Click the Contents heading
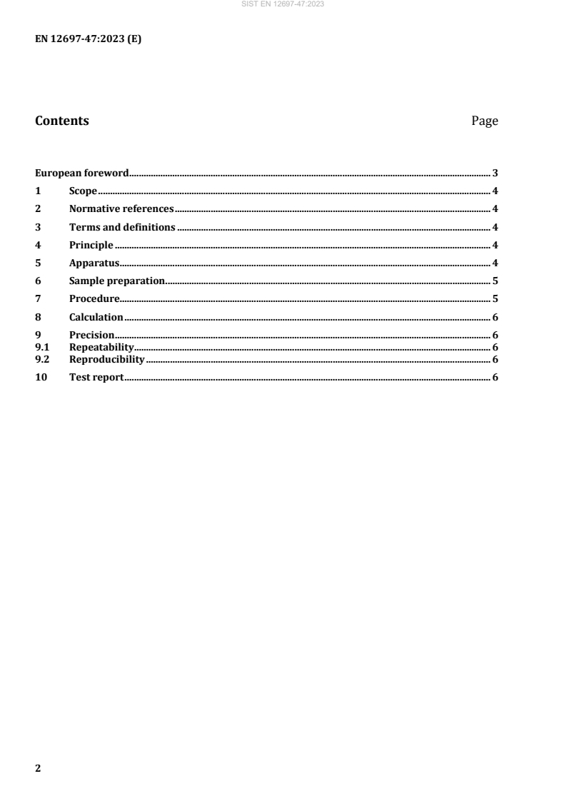62,121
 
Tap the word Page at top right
485,121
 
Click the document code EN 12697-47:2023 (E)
89,40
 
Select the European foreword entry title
82,173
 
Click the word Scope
83,191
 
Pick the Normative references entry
121,209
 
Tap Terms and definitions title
122,228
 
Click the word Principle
91,246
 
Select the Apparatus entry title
94,263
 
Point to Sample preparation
117,281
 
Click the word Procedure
94,299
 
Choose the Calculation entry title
96,317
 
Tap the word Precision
91,336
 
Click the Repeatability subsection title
101,347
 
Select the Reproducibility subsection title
107,359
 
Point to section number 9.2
42,359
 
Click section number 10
41,377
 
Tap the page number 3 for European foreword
495,173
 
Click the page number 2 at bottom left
39,769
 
